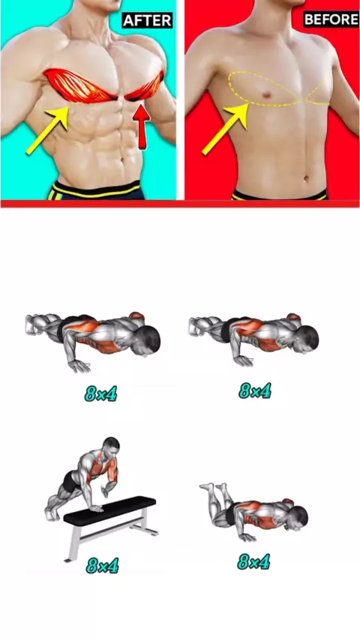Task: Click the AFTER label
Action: pyautogui.click(x=147, y=20)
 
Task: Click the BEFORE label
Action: pyautogui.click(x=331, y=19)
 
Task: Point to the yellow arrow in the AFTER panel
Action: pyautogui.click(x=49, y=130)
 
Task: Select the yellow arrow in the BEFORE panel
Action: pyautogui.click(x=225, y=129)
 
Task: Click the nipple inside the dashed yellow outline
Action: pyautogui.click(x=266, y=95)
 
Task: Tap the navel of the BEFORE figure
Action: pyautogui.click(x=305, y=178)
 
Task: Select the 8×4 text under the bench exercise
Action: pyautogui.click(x=102, y=566)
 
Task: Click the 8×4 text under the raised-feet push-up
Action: pyautogui.click(x=253, y=563)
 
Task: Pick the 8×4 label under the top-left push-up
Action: pyautogui.click(x=101, y=393)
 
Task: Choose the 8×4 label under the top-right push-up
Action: pyautogui.click(x=255, y=391)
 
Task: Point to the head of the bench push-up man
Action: pyautogui.click(x=111, y=447)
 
